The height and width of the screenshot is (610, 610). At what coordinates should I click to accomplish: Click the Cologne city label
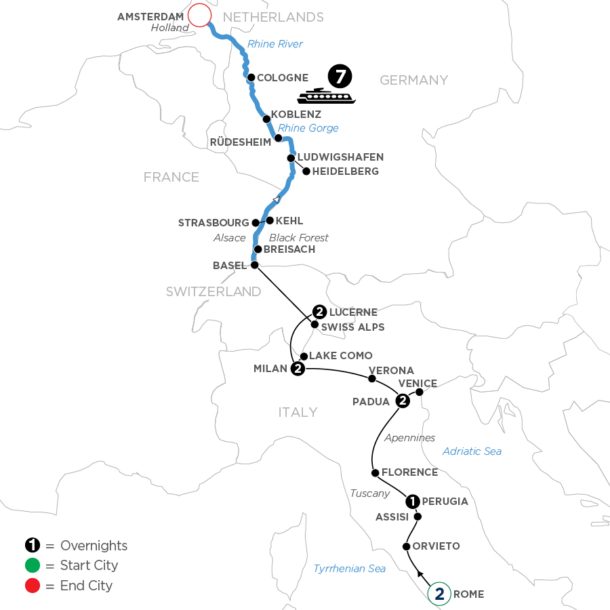pos(283,78)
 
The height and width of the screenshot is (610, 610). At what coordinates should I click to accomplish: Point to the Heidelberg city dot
pos(306,171)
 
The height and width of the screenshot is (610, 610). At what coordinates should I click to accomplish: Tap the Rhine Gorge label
pos(308,128)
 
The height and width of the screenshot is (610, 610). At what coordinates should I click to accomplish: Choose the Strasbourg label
pos(213,222)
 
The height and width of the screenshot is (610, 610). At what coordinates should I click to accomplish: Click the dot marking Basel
pos(254,266)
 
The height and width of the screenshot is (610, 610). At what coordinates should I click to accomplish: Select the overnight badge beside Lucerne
pos(320,312)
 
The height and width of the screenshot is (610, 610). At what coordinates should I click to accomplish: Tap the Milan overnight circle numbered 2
pos(297,369)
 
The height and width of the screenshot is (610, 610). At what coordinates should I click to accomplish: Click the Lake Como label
pos(341,356)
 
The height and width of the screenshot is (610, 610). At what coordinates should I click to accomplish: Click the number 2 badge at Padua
pos(402,401)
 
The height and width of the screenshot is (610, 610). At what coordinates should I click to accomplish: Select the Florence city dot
pos(375,472)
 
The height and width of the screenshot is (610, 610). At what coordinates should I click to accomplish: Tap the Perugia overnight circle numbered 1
pos(412,502)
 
